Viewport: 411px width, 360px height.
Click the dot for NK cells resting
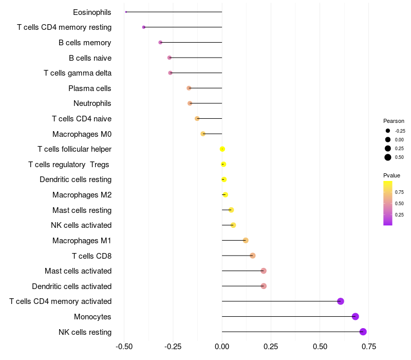(363, 332)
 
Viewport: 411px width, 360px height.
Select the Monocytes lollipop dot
(356, 316)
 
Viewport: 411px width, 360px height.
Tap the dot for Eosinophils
(126, 12)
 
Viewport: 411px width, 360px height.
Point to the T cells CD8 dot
(252, 256)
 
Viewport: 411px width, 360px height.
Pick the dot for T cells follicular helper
(222, 149)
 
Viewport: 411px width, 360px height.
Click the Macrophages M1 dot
(246, 240)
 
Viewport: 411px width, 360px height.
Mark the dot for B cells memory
(160, 42)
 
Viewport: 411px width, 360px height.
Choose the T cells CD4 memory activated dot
(340, 301)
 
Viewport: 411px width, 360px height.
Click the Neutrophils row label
(92, 103)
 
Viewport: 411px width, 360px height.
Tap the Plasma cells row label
(89, 88)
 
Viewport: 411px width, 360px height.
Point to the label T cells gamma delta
(77, 73)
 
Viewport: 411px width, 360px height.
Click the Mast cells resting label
(82, 210)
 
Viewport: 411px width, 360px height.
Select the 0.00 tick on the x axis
(222, 347)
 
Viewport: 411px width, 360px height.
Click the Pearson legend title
(394, 121)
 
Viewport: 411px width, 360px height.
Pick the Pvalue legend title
(392, 175)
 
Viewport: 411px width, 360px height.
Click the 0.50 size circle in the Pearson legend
(388, 157)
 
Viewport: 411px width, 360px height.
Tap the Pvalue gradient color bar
(388, 203)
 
